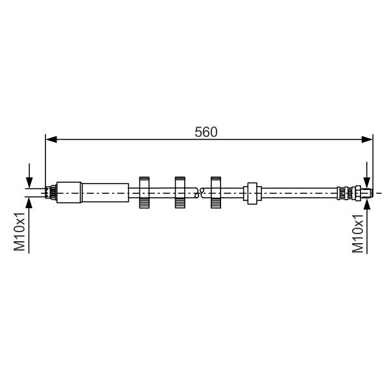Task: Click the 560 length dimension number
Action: tap(206, 132)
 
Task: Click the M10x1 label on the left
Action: tap(19, 231)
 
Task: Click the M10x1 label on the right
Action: tap(358, 233)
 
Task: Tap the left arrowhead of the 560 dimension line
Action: tap(51, 139)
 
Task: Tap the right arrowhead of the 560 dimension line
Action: tap(367, 139)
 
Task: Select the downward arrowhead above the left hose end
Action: tap(29, 183)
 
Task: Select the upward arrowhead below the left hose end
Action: tap(29, 204)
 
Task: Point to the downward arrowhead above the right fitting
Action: tap(367, 182)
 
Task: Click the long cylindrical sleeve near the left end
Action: tap(106, 193)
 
